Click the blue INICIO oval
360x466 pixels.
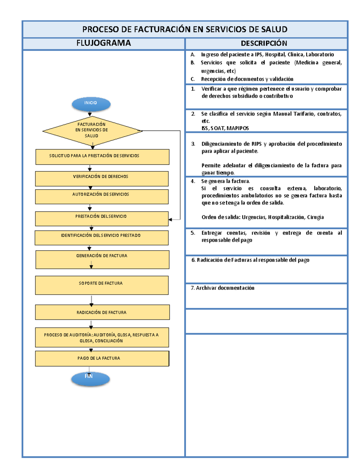click(x=91, y=104)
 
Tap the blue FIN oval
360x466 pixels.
click(x=90, y=379)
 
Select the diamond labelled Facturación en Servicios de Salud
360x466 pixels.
click(x=92, y=131)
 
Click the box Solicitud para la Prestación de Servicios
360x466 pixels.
click(x=102, y=157)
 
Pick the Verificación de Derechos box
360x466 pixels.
click(x=102, y=179)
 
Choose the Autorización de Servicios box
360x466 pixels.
click(x=102, y=197)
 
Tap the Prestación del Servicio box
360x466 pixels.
click(x=102, y=218)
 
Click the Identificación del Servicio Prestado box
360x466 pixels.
click(x=101, y=238)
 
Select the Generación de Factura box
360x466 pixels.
click(x=102, y=260)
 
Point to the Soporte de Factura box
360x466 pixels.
click(x=102, y=285)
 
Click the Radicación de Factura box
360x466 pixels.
click(x=102, y=312)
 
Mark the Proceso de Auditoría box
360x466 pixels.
click(x=102, y=337)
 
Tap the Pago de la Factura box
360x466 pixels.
click(x=102, y=359)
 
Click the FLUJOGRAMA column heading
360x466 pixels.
click(x=103, y=43)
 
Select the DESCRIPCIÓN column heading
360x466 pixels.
click(x=264, y=44)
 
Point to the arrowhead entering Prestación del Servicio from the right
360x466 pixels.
click(x=170, y=220)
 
